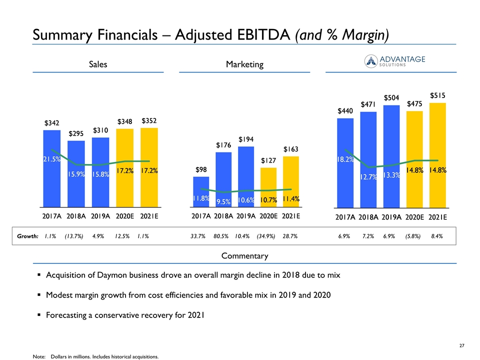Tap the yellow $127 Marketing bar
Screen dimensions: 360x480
coord(268,187)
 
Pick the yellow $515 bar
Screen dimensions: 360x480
coord(437,155)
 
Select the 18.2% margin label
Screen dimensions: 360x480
coord(345,159)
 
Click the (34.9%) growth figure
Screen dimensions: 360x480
coord(266,235)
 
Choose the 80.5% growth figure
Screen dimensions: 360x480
coord(221,235)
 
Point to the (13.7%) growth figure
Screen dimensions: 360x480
coord(75,235)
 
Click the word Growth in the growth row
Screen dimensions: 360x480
coord(27,235)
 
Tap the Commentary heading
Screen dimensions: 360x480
coord(244,256)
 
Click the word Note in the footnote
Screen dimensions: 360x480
coord(38,356)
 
